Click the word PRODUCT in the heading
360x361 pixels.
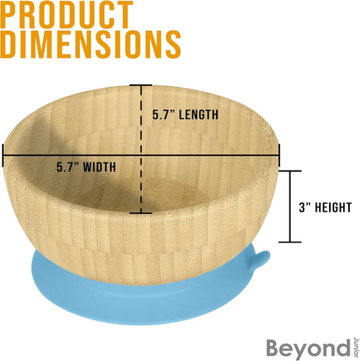pyautogui.click(x=67, y=15)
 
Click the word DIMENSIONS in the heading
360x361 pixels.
pyautogui.click(x=90, y=44)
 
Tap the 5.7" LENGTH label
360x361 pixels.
pyautogui.click(x=185, y=115)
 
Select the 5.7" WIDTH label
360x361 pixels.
pyautogui.click(x=86, y=167)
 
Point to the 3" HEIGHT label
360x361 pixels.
pyautogui.click(x=325, y=207)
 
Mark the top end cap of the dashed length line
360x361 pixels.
pyautogui.click(x=141, y=85)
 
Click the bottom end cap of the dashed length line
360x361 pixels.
pyautogui.click(x=141, y=213)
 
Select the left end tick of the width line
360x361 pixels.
pyautogui.click(x=3, y=155)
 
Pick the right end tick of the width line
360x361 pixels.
pyautogui.click(x=279, y=155)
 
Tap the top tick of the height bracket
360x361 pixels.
pyautogui.click(x=290, y=171)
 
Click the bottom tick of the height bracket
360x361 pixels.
pyautogui.click(x=290, y=242)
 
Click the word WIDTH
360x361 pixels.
pyautogui.click(x=99, y=167)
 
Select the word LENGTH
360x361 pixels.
pyautogui.click(x=198, y=115)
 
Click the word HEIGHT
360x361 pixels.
pyautogui.click(x=334, y=207)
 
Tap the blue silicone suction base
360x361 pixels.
pyautogui.click(x=147, y=301)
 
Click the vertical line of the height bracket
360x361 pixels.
pyautogui.click(x=290, y=207)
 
